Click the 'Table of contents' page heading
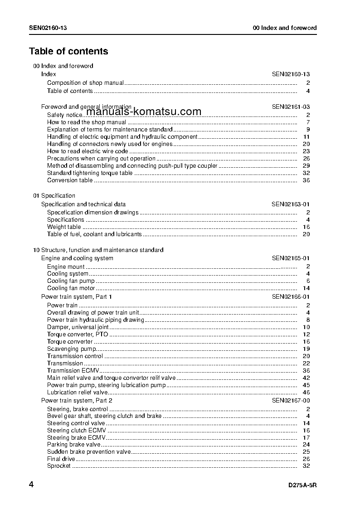(68, 51)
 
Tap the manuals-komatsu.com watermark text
(143, 111)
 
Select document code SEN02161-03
(291, 107)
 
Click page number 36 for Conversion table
(306, 180)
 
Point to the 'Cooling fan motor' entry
(71, 288)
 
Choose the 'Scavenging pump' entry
(71, 349)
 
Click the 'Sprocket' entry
(59, 466)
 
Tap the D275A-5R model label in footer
(302, 485)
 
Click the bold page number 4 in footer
(31, 485)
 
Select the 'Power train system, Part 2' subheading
(77, 401)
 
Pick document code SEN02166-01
(291, 297)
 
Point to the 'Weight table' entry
(64, 227)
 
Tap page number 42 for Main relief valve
(306, 378)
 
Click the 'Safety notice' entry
(64, 115)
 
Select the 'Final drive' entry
(61, 459)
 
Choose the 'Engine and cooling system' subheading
(77, 258)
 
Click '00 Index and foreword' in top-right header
(285, 28)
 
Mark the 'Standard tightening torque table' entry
(90, 173)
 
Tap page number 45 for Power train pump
(306, 385)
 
